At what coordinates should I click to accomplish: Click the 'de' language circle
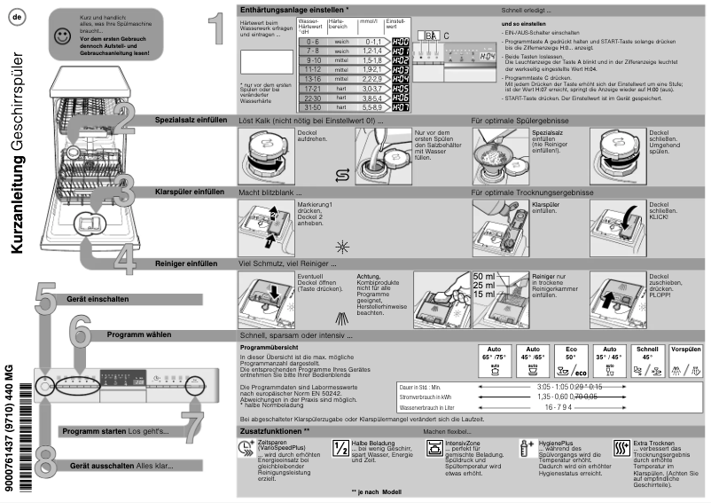17,19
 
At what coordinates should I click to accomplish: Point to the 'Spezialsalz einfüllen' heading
189,119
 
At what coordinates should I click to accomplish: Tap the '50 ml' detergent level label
485,277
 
